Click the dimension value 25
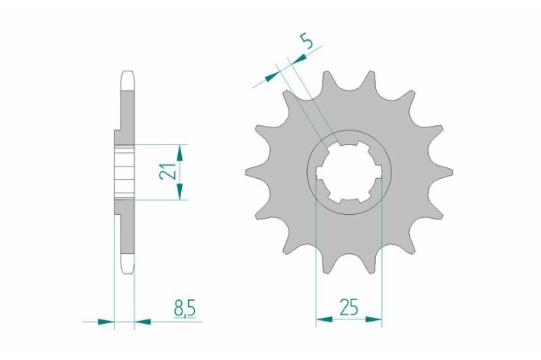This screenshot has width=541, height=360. click(348, 307)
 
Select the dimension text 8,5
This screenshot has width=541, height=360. click(185, 308)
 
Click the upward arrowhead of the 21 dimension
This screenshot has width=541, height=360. click(179, 153)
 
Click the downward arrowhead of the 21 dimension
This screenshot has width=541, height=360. click(179, 192)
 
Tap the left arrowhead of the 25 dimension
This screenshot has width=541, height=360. click(325, 319)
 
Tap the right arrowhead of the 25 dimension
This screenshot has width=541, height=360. click(374, 319)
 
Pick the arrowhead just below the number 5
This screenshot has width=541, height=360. click(299, 59)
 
